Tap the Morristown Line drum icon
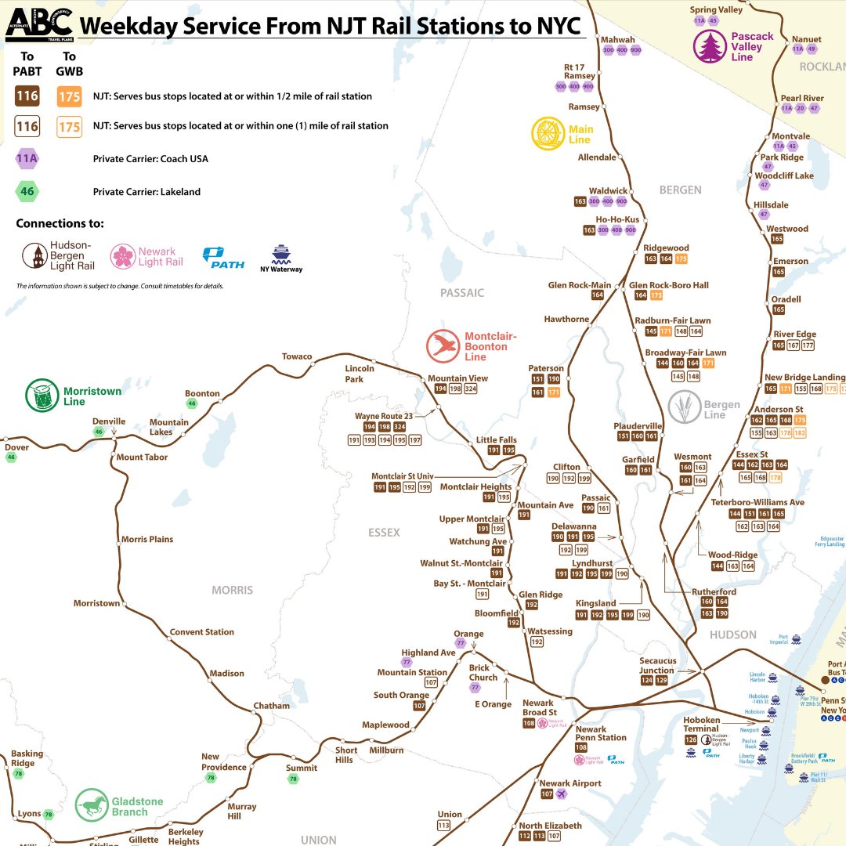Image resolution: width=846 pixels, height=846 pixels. coord(42,396)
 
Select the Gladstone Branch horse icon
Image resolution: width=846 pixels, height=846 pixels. coord(92,804)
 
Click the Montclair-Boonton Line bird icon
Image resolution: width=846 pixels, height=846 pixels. coord(443,346)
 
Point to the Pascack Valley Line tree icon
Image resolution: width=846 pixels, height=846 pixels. coord(710,46)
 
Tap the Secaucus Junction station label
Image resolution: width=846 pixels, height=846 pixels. coord(657,665)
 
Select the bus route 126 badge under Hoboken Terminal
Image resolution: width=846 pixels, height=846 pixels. coord(690,739)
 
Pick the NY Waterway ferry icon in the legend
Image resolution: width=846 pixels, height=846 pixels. coord(280,254)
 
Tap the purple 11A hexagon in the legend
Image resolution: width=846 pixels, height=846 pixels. coord(28,159)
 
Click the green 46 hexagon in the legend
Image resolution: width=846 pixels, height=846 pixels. coord(28,191)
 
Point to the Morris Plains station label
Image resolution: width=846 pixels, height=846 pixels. coord(147,539)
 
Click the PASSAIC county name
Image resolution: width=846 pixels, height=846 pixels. coord(462,293)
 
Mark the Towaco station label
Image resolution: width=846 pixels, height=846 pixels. coord(297,356)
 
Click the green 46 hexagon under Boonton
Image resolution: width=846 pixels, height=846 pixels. coord(192,403)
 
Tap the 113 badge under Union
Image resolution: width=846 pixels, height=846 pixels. coord(444,826)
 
